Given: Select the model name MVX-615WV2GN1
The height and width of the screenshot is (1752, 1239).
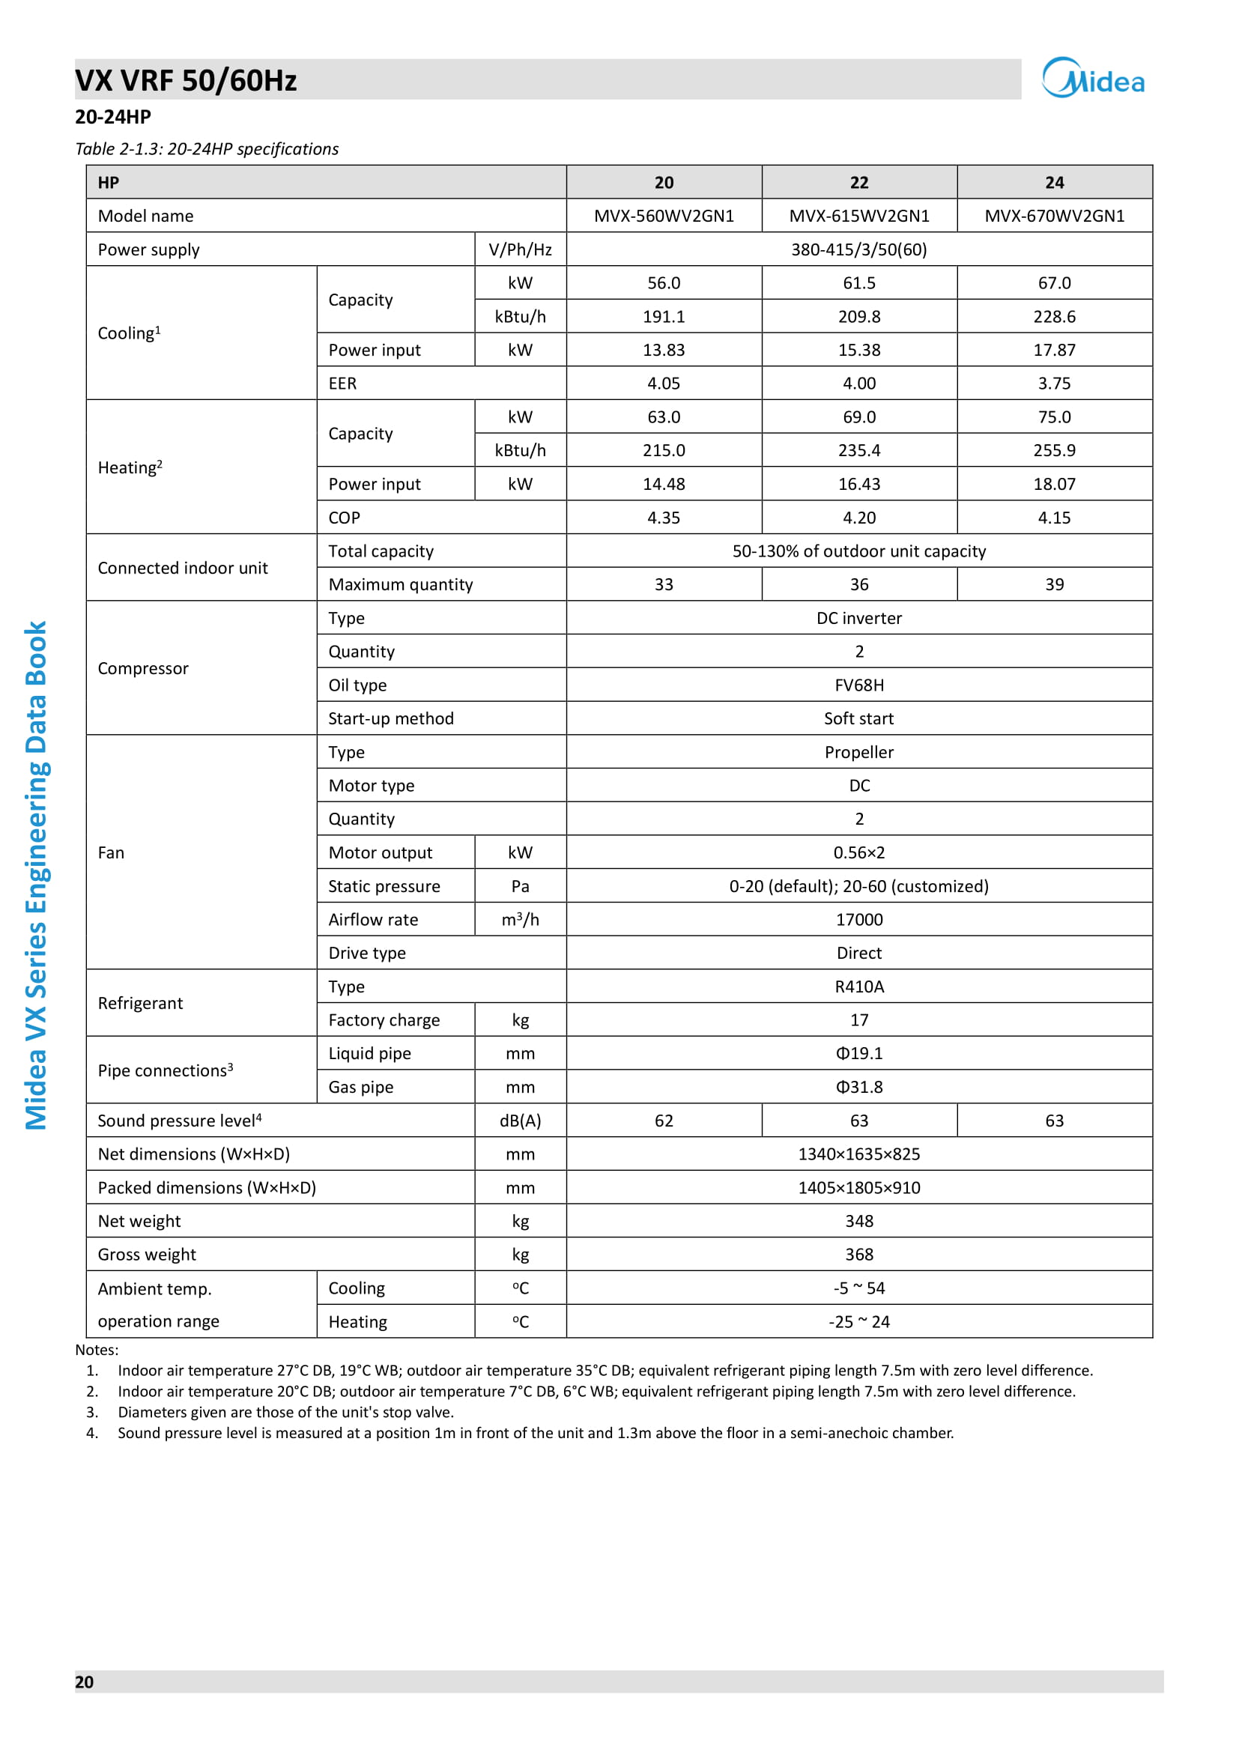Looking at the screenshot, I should (x=859, y=216).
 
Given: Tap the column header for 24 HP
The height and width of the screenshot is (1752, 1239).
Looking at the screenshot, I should (x=1055, y=182).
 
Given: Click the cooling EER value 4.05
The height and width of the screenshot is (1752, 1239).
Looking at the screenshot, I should (x=664, y=383).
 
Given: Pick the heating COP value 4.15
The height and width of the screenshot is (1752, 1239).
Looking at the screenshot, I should (x=1055, y=518).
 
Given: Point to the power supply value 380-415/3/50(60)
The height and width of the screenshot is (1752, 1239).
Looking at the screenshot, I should (x=859, y=249).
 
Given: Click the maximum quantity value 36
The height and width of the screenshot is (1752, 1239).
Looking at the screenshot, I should (x=859, y=584).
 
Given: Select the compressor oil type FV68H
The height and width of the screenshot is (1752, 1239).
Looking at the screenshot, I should (x=859, y=685).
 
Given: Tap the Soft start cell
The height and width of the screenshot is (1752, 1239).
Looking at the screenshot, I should (x=859, y=719).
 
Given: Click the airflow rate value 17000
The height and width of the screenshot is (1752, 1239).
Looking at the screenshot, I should (x=859, y=920).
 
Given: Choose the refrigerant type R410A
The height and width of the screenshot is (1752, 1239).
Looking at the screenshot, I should (x=859, y=986).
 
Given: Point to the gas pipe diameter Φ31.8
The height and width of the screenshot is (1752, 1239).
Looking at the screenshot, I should (x=859, y=1087).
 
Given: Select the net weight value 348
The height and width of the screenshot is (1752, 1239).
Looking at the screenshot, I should (x=859, y=1221).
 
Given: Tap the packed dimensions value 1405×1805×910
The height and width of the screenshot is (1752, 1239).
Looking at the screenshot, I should (x=859, y=1187).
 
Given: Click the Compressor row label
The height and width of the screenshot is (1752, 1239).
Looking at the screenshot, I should (x=143, y=668).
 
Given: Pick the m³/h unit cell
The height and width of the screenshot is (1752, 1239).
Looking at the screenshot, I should (x=521, y=920).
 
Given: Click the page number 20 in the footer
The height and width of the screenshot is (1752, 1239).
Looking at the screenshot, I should (x=84, y=1682).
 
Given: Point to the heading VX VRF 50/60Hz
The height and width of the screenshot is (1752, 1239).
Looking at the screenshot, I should (x=187, y=80).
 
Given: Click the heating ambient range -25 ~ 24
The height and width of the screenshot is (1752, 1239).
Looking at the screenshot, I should (x=859, y=1321).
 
